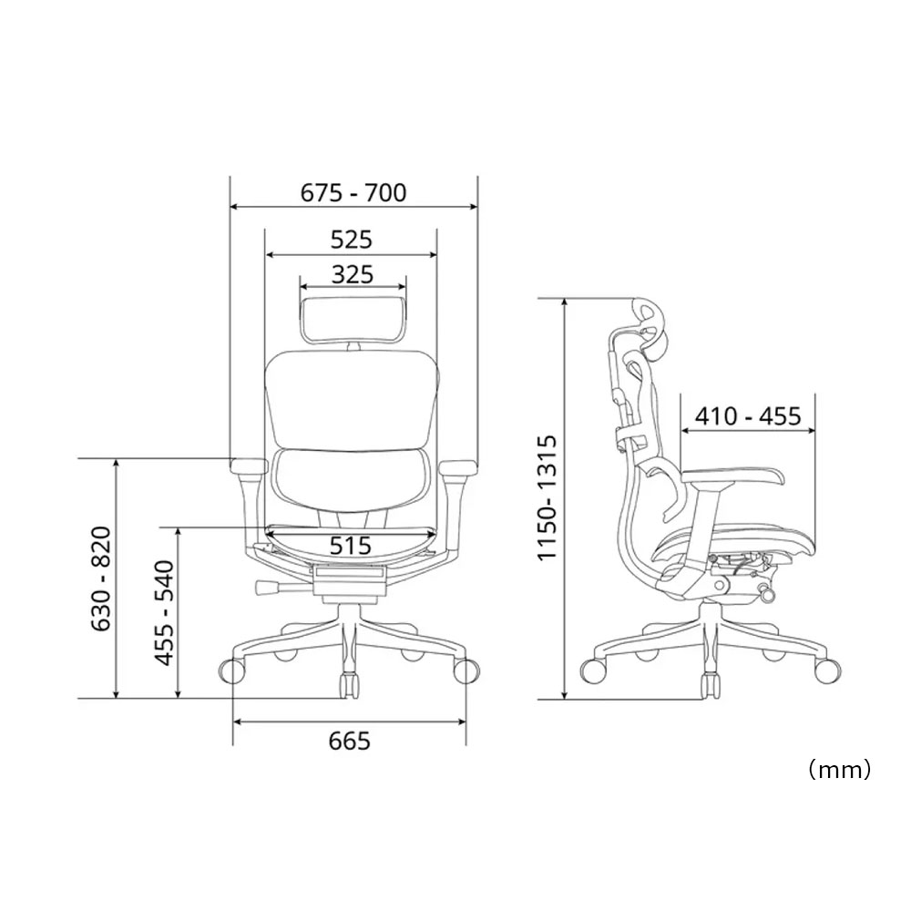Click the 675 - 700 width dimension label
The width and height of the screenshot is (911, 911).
(x=353, y=193)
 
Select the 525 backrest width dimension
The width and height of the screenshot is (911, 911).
(x=352, y=240)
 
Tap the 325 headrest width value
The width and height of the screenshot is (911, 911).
(x=352, y=274)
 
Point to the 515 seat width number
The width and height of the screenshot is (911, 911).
(x=351, y=545)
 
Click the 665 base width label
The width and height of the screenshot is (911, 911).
(x=349, y=742)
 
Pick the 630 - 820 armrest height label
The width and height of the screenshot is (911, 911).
(x=102, y=578)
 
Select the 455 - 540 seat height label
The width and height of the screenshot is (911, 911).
(x=164, y=613)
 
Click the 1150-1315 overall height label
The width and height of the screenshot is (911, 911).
(x=547, y=497)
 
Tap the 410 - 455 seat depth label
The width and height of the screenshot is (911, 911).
(x=748, y=416)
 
